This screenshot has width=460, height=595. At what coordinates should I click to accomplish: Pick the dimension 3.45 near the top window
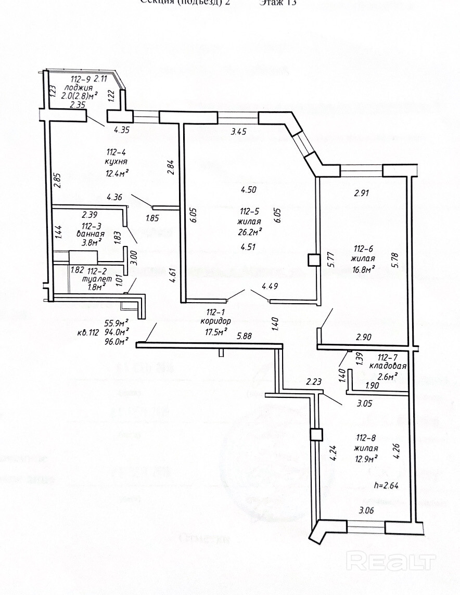238,132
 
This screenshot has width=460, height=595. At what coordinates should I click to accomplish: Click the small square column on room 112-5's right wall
313,260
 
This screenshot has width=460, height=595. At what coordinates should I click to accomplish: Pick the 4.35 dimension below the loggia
121,131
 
